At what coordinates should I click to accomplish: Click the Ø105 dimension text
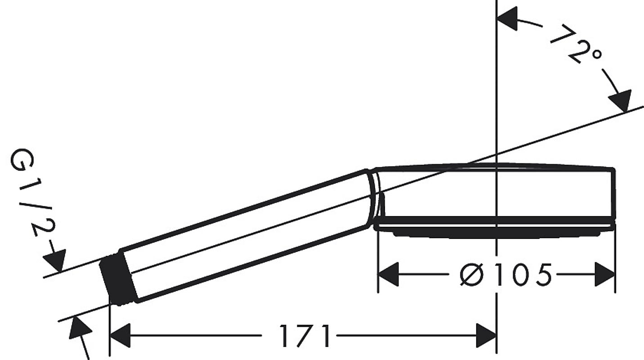(505, 274)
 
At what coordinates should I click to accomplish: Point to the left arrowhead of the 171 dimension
(120, 336)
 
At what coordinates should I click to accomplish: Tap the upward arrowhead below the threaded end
(80, 328)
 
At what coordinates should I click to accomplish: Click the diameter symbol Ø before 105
(471, 274)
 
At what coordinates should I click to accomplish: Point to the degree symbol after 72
(596, 54)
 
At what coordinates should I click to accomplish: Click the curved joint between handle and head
(375, 198)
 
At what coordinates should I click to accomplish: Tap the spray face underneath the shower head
(495, 233)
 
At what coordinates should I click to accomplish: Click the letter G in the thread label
(21, 161)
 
